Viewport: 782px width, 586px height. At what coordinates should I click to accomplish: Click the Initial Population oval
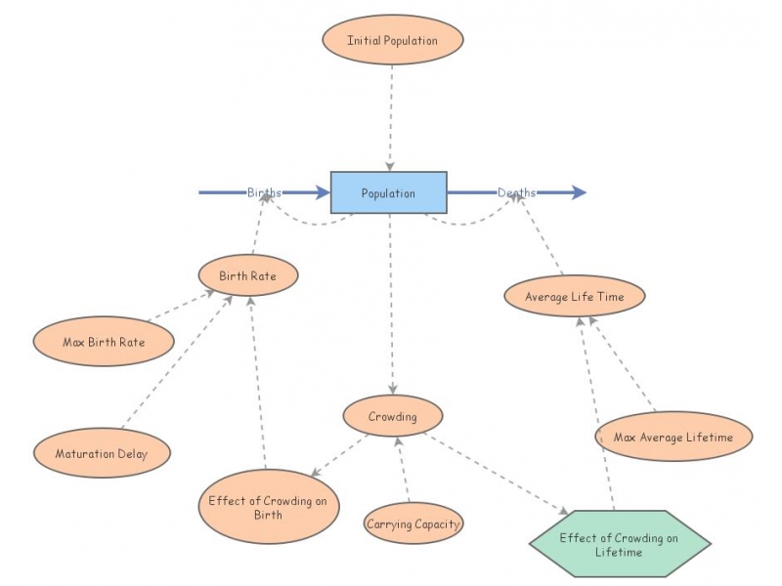[392, 41]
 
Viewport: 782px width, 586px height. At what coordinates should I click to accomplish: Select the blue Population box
[388, 192]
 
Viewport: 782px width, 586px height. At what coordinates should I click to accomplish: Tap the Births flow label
[264, 192]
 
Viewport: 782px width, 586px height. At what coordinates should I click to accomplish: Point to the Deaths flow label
[516, 192]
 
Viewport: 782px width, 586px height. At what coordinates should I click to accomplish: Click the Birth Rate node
[247, 275]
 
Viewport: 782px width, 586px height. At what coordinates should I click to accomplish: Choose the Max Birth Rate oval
[104, 342]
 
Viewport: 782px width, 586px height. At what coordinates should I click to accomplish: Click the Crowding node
[392, 417]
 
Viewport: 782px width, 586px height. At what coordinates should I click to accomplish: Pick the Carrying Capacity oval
[413, 524]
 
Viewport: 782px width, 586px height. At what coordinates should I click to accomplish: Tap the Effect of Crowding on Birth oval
[268, 507]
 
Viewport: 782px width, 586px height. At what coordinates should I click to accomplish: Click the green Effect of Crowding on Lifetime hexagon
[619, 544]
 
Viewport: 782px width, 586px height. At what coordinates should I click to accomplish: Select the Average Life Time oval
[574, 296]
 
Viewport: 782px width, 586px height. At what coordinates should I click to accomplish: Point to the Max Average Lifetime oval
[673, 437]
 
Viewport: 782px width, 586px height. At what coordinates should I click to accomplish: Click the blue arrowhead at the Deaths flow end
[579, 192]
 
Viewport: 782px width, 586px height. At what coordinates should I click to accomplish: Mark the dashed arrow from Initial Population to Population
[391, 117]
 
